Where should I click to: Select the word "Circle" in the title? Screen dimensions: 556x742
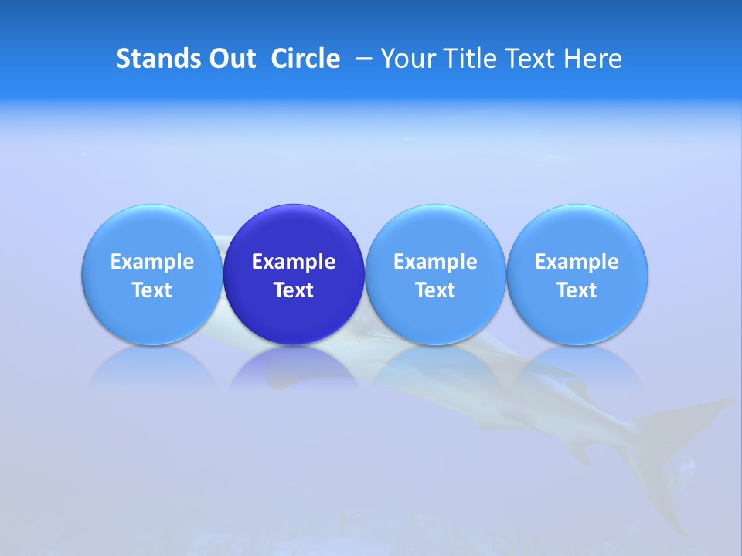(305, 59)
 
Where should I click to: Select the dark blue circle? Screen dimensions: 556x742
(294, 232)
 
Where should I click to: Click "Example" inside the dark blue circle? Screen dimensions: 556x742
(294, 262)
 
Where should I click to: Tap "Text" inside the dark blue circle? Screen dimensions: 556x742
(294, 290)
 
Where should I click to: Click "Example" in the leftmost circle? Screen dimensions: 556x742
(152, 262)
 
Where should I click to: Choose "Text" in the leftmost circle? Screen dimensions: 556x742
(152, 290)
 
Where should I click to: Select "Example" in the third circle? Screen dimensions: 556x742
(435, 262)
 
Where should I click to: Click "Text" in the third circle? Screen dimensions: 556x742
(435, 290)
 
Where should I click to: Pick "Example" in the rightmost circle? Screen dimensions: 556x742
(577, 262)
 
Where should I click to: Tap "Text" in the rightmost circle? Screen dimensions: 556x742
(577, 290)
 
